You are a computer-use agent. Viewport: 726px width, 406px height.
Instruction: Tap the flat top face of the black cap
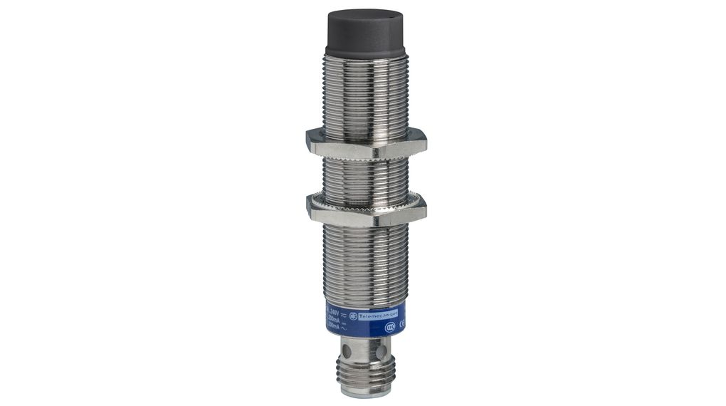[x=364, y=15]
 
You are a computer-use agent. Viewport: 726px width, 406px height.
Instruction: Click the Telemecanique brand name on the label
[x=378, y=316]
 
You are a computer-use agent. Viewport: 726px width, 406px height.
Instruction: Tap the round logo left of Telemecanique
[x=352, y=316]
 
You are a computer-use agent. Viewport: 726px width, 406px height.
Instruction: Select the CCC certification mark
[x=390, y=328]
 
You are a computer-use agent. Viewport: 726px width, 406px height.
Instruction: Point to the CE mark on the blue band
[x=402, y=324]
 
